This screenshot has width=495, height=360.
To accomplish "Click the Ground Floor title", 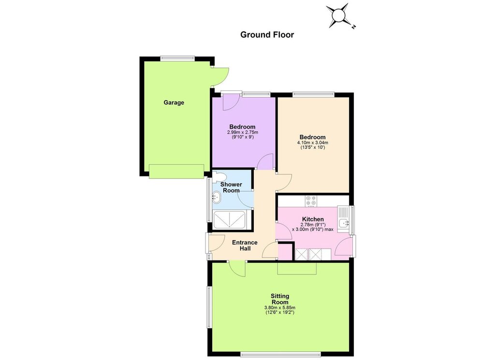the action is (267, 35).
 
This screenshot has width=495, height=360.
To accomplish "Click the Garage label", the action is (174, 102).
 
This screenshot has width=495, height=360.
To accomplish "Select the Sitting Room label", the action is (280, 299).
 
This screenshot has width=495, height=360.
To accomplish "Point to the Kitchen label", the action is (313, 219).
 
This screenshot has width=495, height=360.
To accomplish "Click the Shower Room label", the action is (232, 187).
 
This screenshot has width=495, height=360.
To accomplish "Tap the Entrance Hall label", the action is (245, 245).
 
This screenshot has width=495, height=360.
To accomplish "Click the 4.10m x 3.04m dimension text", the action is (313, 143).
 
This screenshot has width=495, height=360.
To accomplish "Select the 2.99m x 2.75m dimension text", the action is (243, 132).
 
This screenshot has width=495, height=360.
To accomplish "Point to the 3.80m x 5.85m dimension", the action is (280, 308).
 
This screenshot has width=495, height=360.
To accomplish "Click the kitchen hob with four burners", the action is (311, 201).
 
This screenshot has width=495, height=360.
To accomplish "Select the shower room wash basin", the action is (216, 198).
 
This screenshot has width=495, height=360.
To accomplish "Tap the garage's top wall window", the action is (177, 58).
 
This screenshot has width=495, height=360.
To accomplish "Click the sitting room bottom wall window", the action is (281, 354).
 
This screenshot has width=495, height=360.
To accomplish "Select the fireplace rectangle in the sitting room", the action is (297, 268).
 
